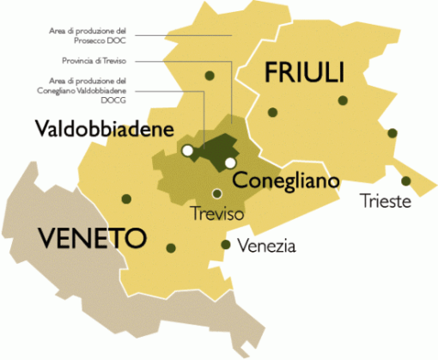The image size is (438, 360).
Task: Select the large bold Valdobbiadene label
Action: [x=105, y=130]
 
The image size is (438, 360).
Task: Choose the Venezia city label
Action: [x=267, y=247]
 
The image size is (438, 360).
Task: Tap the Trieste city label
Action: [x=387, y=202]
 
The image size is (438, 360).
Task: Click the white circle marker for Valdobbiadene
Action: [x=187, y=151]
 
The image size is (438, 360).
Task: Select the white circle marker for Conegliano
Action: [x=230, y=162]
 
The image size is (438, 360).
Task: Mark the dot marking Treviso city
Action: [x=217, y=193]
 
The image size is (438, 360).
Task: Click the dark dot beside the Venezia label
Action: [x=225, y=244]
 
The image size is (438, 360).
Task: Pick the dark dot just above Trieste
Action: [x=405, y=181]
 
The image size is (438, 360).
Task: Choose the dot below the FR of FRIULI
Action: [x=272, y=112]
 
